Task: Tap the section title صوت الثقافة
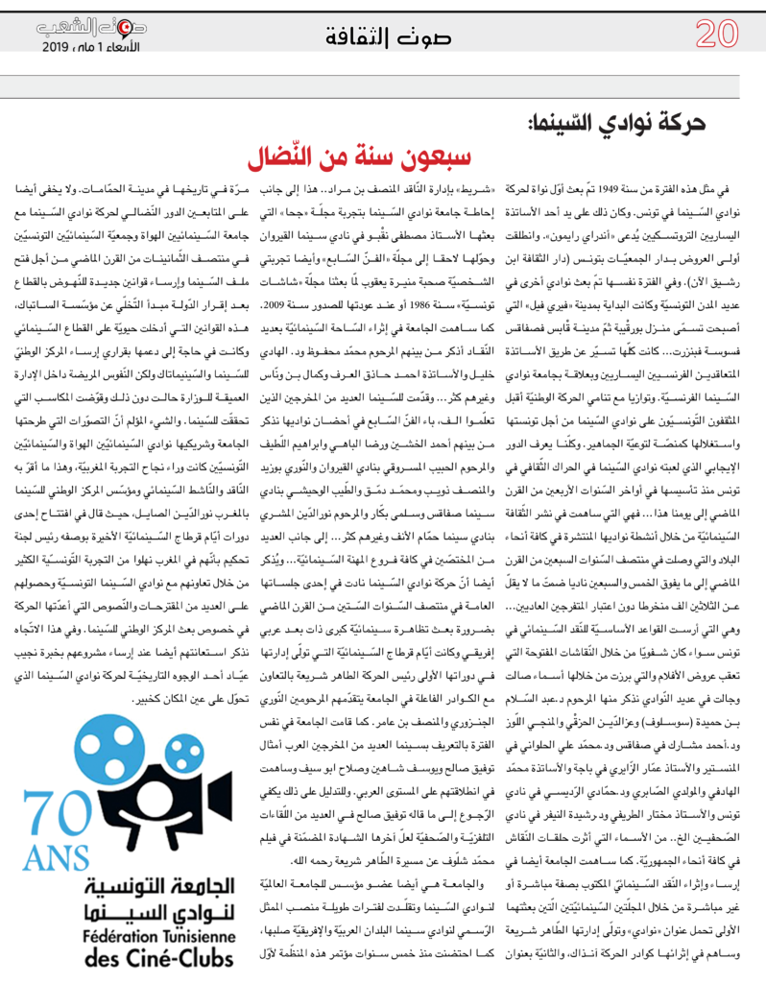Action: coord(381,38)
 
